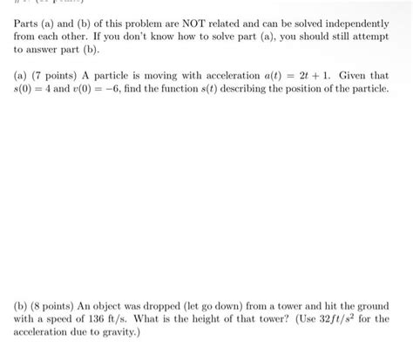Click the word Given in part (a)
366,75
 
